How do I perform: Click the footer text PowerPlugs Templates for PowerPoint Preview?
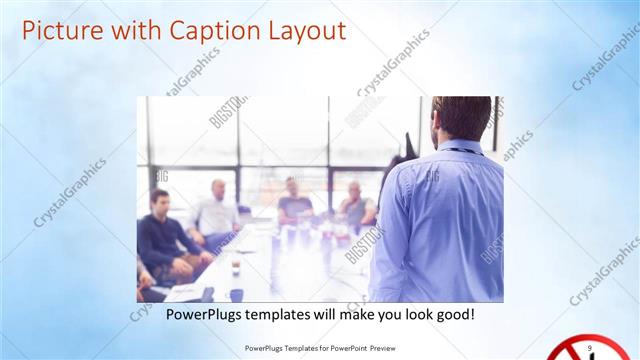click(x=319, y=349)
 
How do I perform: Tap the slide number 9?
click(x=590, y=346)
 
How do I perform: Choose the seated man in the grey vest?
click(x=355, y=205)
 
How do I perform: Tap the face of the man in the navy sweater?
click(x=160, y=200)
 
